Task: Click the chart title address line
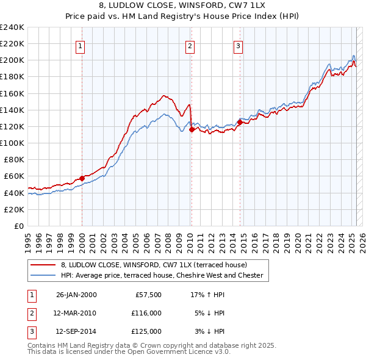[182, 5]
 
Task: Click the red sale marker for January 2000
[82, 178]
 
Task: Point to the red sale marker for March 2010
[192, 129]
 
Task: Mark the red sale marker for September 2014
[240, 122]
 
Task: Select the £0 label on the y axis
[19, 226]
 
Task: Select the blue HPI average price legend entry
[161, 276]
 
